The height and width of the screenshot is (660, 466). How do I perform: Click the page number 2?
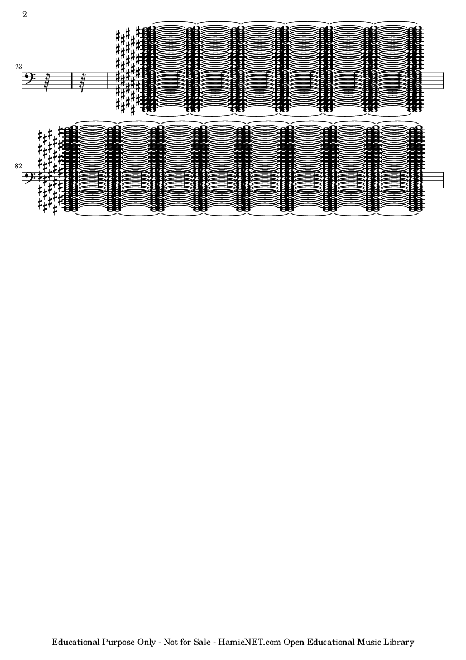[25, 15]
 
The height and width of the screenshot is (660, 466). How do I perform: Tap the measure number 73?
[18, 67]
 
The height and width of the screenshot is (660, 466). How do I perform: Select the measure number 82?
[18, 167]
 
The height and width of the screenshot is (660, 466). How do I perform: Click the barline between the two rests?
[72, 80]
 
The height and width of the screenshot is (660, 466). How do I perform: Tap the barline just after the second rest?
[108, 80]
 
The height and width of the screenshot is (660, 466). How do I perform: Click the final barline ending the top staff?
[443, 80]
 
